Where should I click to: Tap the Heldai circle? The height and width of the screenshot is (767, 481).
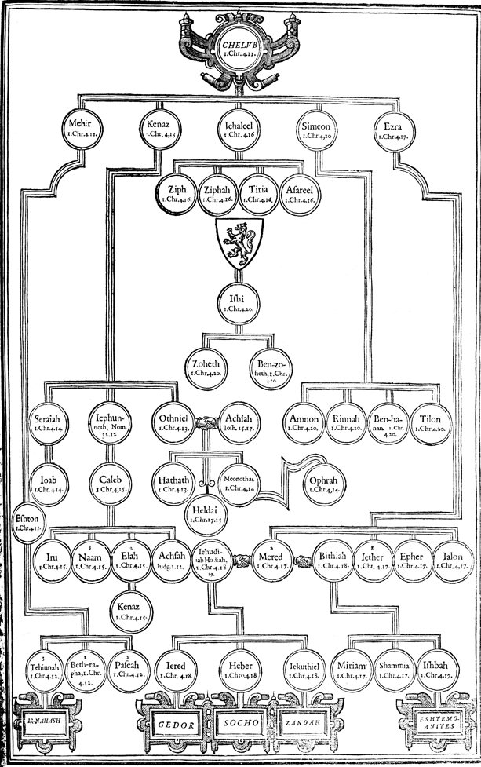(206, 514)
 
